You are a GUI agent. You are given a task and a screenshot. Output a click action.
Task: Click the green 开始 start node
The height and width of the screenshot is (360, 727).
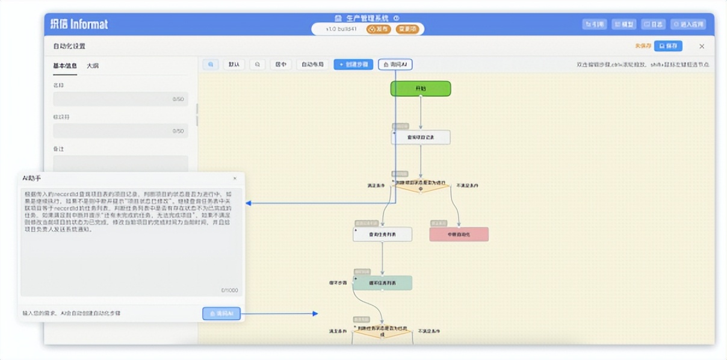[x=420, y=88]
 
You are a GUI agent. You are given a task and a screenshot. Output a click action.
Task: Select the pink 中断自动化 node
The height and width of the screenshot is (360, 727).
[x=459, y=234]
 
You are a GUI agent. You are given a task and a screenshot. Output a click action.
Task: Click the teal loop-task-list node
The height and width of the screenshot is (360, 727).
[x=382, y=283]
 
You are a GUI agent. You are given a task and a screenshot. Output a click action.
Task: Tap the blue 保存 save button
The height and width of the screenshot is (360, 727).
[x=668, y=46]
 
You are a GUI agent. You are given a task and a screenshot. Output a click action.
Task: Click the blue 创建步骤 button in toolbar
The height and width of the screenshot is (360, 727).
[x=353, y=64]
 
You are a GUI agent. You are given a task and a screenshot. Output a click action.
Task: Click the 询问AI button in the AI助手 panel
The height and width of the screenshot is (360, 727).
[x=221, y=314]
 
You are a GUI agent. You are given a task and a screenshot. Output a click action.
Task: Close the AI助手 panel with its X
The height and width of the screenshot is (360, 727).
[x=235, y=178]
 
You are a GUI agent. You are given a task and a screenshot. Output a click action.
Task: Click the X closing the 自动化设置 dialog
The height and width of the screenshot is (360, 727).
[x=702, y=46]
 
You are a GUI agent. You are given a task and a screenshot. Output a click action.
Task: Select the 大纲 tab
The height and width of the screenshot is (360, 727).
[x=93, y=65]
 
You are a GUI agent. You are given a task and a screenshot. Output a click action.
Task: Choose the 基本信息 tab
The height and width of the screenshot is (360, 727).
[x=64, y=65]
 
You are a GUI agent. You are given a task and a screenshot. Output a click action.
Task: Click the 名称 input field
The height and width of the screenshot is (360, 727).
[x=120, y=99]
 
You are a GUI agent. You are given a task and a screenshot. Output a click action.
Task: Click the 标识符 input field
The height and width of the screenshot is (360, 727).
[x=120, y=131]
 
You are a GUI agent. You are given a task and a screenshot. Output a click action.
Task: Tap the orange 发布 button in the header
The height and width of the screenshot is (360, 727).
[x=379, y=29]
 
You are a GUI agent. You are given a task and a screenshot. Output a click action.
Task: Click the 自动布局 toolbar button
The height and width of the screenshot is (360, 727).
[x=312, y=64]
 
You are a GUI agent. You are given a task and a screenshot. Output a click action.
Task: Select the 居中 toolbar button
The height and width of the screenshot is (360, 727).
[x=280, y=64]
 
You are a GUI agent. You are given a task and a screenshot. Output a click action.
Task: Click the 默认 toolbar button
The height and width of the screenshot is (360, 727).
[x=234, y=64]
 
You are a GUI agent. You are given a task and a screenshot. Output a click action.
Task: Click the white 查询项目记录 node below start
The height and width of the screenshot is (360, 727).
[x=420, y=138]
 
